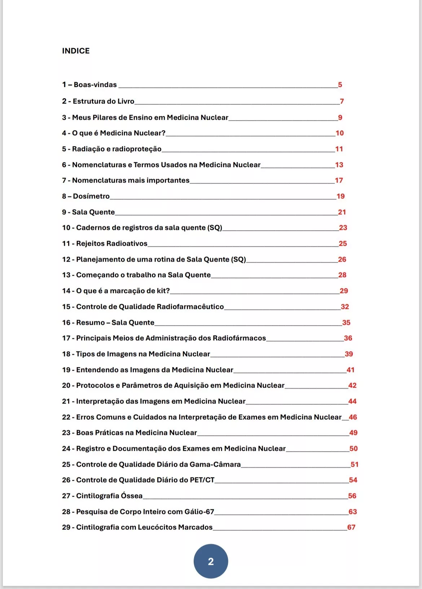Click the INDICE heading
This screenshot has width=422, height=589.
pos(76,51)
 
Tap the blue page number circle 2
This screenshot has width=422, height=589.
pos(211,561)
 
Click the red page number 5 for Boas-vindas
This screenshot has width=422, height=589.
pos(340,85)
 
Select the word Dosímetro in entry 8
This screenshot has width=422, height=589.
pos(91,196)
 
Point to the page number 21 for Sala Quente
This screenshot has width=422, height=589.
pos(342,212)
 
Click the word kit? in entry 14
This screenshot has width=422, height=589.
pos(163,291)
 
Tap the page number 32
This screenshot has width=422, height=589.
pos(345,307)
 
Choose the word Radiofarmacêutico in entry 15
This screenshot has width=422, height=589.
pos(195,307)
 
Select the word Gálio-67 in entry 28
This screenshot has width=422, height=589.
pos(199,512)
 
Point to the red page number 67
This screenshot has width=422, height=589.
pos(351,527)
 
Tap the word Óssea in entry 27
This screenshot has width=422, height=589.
pos(132,496)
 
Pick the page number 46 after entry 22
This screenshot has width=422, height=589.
pos(353,417)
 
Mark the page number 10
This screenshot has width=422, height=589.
pos(340,133)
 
